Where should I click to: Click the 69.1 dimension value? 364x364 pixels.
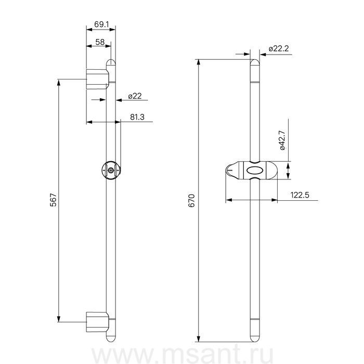[x=101, y=24]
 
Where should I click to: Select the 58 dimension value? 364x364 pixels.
[x=100, y=42]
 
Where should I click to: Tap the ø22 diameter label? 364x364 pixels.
[x=135, y=96]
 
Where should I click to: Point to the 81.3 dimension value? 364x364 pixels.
[x=137, y=117]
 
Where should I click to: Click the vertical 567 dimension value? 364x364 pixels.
[x=54, y=200]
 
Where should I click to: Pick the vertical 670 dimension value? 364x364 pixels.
[x=192, y=200]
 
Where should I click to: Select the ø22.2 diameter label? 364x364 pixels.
[x=279, y=48]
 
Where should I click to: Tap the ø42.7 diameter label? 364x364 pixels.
[x=282, y=140]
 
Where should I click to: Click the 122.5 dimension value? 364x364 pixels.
[x=300, y=195]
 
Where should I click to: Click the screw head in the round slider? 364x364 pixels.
[x=111, y=170]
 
